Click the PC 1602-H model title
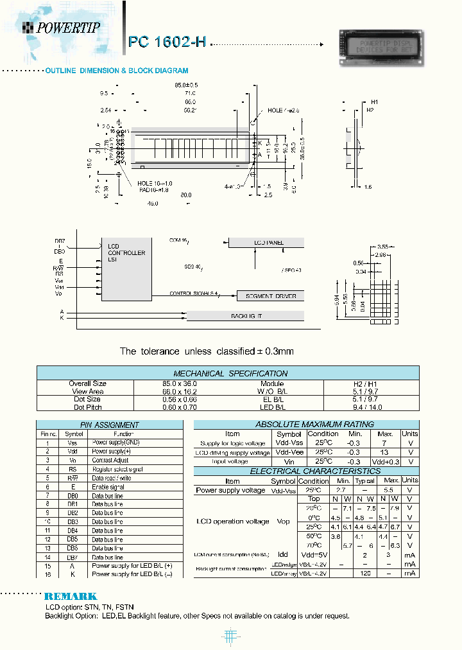point(167,42)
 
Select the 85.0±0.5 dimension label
point(186,85)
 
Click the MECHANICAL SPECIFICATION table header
point(230,373)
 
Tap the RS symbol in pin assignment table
point(73,469)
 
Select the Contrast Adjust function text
point(110,461)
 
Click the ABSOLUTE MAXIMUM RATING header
point(305,424)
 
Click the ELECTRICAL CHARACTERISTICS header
point(305,471)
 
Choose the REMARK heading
point(71,596)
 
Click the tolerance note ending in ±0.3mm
point(207,351)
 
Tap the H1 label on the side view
point(375,102)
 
